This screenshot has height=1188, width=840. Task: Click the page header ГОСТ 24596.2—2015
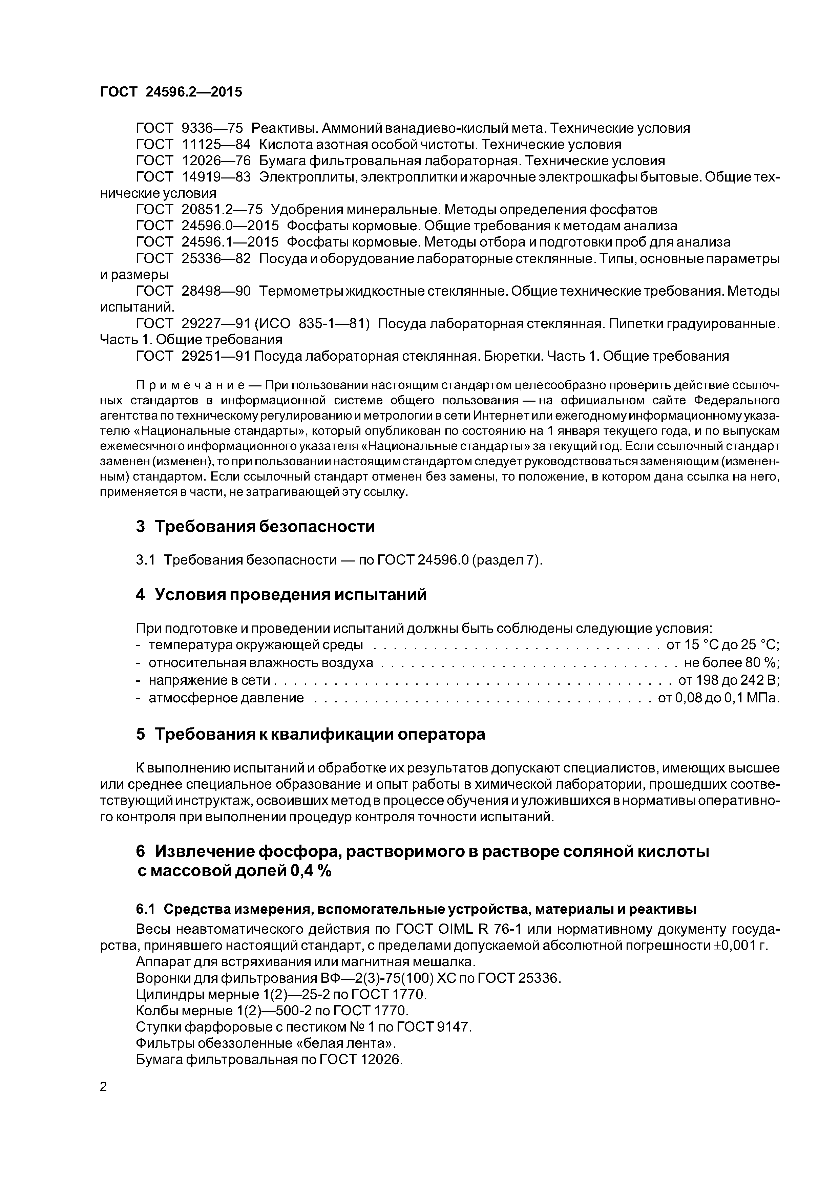(171, 92)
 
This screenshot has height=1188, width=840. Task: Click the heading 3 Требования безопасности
(255, 527)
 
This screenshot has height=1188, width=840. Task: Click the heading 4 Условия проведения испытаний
(281, 595)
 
